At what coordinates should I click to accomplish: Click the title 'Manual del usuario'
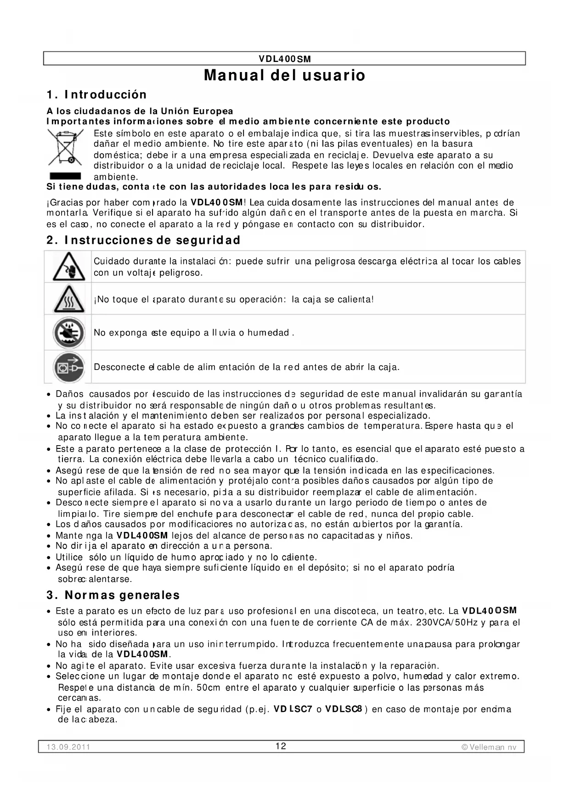(x=284, y=75)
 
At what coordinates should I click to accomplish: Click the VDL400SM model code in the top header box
(x=285, y=59)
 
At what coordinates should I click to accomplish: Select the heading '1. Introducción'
(x=96, y=95)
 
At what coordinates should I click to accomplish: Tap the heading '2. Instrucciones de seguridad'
(x=143, y=240)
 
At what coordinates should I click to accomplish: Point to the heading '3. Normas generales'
(x=113, y=595)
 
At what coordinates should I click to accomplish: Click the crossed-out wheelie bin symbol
(x=65, y=148)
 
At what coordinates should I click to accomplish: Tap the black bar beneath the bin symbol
(x=65, y=176)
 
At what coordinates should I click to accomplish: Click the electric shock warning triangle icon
(x=68, y=267)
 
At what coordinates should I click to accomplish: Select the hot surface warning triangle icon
(x=68, y=299)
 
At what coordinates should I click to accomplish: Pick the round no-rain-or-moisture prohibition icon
(x=68, y=333)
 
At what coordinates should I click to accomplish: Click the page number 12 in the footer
(x=281, y=746)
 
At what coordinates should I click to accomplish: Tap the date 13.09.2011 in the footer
(x=68, y=747)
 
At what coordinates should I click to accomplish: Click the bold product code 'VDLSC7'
(x=293, y=709)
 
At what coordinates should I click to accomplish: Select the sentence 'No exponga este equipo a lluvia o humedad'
(x=193, y=333)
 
